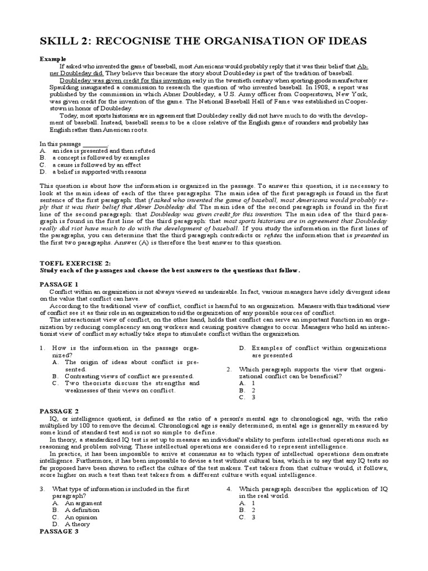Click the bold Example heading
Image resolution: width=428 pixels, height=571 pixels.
(x=53, y=59)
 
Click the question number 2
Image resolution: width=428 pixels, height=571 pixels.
(x=230, y=369)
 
